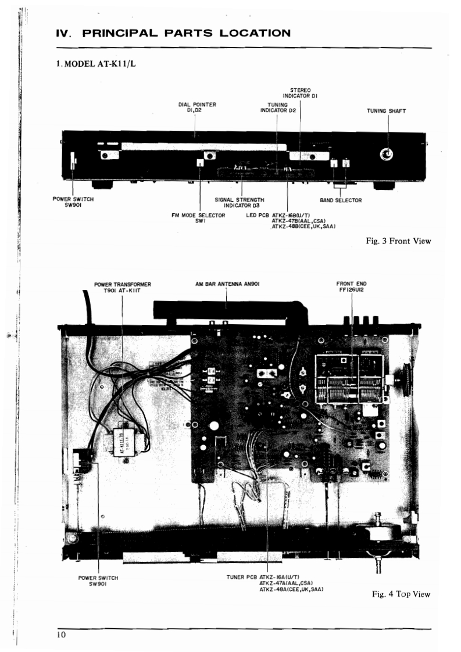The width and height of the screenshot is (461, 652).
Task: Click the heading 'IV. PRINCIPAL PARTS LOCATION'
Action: tap(173, 33)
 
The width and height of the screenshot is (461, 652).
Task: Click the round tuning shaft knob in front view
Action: tap(386, 154)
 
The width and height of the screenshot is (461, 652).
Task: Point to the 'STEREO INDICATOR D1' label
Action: tap(299, 92)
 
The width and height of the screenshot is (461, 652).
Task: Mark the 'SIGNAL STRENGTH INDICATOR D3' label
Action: tap(240, 202)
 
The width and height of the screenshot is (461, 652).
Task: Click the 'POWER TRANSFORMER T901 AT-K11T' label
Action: tap(123, 287)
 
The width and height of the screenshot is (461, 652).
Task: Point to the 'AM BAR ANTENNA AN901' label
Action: tap(227, 284)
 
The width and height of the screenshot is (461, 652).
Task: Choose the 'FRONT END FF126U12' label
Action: tap(351, 287)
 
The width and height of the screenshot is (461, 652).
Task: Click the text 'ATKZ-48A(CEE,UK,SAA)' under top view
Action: tap(291, 589)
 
